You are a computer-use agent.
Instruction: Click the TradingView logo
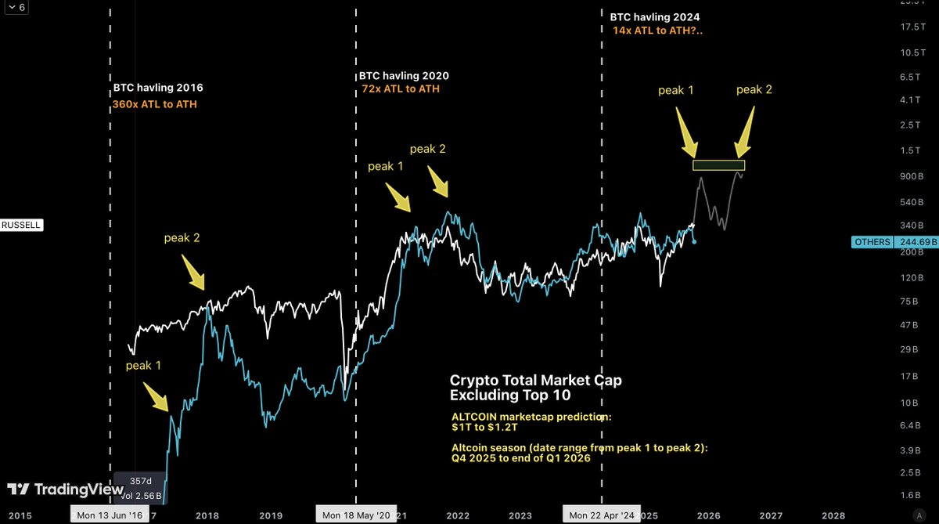click(52, 490)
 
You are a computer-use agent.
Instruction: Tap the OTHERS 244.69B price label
click(894, 242)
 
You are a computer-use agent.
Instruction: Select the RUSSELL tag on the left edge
click(20, 226)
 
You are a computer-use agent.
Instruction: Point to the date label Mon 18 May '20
click(356, 515)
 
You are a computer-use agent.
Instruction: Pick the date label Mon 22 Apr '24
click(602, 515)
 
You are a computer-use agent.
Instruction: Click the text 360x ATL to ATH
click(155, 103)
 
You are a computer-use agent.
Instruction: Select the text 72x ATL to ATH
click(399, 89)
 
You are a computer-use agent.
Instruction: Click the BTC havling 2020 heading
click(404, 77)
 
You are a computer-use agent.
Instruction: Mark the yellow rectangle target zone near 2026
click(718, 165)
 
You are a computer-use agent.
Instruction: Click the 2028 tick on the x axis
click(833, 515)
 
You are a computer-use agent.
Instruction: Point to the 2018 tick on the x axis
click(207, 515)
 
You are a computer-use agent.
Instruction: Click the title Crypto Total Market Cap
click(536, 380)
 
